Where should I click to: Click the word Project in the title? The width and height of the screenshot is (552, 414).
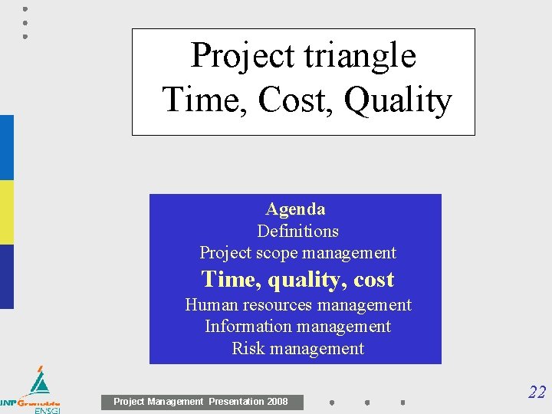(237, 56)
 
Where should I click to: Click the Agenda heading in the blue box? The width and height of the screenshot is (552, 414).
(295, 209)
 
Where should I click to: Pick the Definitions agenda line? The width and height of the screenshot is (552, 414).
(297, 231)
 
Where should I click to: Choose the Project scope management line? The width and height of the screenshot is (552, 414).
(297, 253)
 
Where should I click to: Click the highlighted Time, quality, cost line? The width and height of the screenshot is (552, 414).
(297, 279)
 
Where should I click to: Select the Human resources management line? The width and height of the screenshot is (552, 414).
(297, 305)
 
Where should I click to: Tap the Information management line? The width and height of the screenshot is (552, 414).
(297, 327)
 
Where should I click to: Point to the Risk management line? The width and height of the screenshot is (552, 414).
(297, 349)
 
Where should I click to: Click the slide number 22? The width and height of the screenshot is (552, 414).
(537, 393)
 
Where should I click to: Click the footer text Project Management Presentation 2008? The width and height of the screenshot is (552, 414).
(201, 402)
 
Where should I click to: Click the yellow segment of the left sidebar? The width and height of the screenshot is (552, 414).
(6, 212)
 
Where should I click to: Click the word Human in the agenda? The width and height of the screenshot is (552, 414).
(209, 305)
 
